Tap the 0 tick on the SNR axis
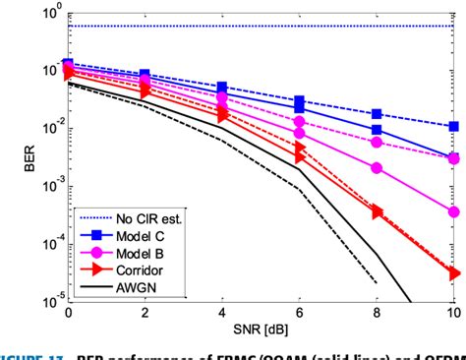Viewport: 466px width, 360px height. [x=67, y=313]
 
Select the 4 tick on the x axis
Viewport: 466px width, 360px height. [x=222, y=313]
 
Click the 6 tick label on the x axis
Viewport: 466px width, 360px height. [x=300, y=313]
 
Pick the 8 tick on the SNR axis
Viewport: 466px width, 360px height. [x=377, y=313]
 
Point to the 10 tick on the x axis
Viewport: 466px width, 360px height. [x=451, y=313]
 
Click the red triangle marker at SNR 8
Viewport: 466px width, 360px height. [x=377, y=211]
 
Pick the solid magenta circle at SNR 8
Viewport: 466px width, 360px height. [x=377, y=168]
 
